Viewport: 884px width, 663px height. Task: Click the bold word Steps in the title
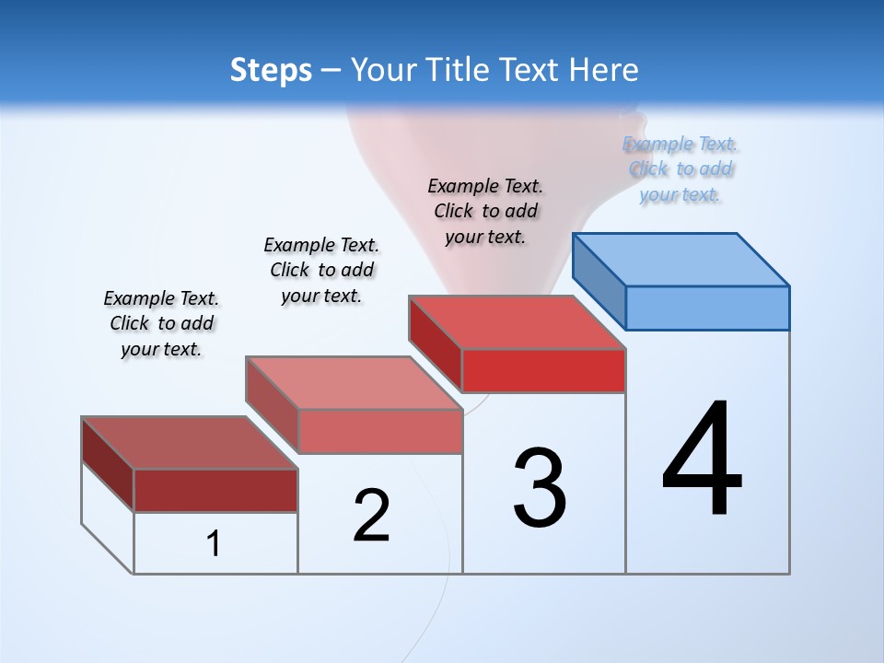[x=271, y=70]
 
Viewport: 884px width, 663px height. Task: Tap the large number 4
[x=702, y=459]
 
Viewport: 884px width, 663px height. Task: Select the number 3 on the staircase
[x=540, y=488]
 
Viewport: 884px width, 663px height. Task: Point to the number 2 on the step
[x=371, y=515]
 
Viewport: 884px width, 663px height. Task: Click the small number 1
[x=214, y=544]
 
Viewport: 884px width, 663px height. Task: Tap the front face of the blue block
[x=707, y=308]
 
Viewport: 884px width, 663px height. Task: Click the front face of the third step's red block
[x=543, y=371]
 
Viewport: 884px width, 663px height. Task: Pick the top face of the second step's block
[x=354, y=382]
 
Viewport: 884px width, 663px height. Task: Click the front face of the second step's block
[x=379, y=431]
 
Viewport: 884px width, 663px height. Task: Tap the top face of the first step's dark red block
[x=190, y=442]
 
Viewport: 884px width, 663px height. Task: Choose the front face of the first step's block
[x=215, y=491]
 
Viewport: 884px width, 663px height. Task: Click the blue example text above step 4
[x=680, y=169]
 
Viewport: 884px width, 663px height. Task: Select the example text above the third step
[x=485, y=211]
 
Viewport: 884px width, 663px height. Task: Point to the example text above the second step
[x=321, y=270]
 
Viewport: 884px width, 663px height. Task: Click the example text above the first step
[x=161, y=323]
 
